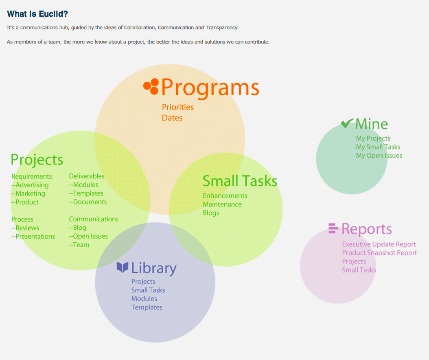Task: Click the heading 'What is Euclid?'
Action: (x=37, y=14)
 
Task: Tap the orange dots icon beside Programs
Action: (x=151, y=86)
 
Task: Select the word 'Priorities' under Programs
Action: (x=178, y=107)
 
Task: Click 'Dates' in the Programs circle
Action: (x=172, y=118)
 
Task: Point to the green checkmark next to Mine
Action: (x=347, y=123)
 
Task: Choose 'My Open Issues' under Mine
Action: (x=379, y=156)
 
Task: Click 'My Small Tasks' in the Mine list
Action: (x=378, y=147)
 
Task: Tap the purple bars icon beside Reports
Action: (x=333, y=228)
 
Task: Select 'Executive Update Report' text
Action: (x=379, y=244)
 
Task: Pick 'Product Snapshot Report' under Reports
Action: (x=379, y=252)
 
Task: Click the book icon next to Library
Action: (x=122, y=268)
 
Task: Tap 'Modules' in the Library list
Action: (x=144, y=299)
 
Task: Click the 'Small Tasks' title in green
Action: (x=240, y=181)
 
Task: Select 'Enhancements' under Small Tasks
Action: (x=225, y=196)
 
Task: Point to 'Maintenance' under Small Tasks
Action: (x=222, y=204)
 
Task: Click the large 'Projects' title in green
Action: (x=37, y=160)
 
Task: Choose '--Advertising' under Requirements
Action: (x=30, y=185)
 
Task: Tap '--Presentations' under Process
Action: (x=33, y=236)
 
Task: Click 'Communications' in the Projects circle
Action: (x=94, y=219)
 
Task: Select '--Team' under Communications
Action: (x=79, y=245)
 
